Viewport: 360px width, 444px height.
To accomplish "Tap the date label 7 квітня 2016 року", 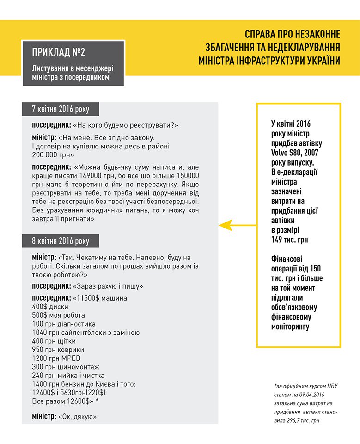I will [60, 109].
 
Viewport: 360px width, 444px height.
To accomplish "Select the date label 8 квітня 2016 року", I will [60, 241].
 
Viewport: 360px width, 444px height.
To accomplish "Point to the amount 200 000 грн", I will [50, 154].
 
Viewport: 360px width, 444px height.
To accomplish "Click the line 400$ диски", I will [50, 307].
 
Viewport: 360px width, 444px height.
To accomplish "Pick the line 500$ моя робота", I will [59, 315].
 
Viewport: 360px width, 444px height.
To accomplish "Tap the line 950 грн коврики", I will [58, 349].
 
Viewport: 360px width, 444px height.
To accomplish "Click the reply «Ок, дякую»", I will [77, 417].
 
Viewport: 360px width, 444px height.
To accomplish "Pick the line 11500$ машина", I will [100, 298].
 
